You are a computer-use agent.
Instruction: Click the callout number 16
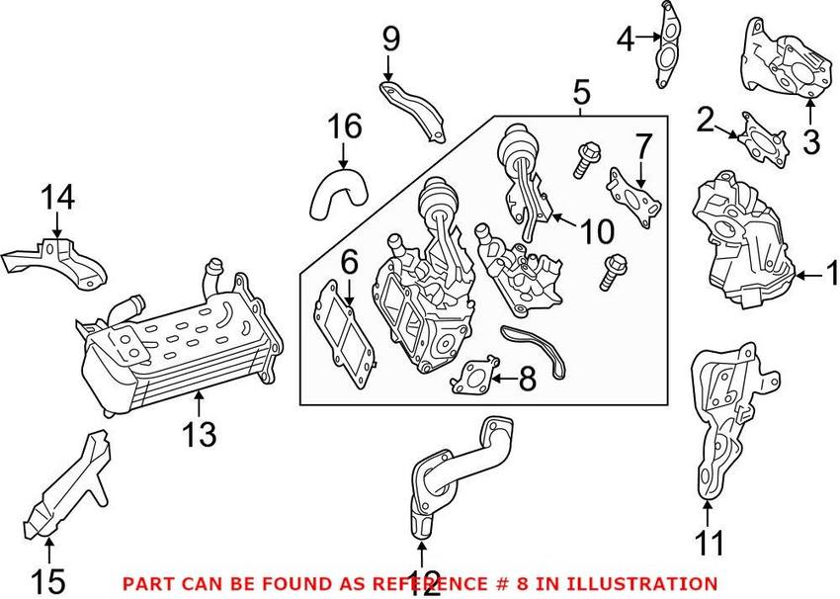pyautogui.click(x=345, y=127)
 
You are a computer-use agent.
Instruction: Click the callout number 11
pyautogui.click(x=710, y=542)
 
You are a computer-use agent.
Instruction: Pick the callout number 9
pyautogui.click(x=390, y=40)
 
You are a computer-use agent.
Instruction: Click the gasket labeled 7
pyautogui.click(x=634, y=198)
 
